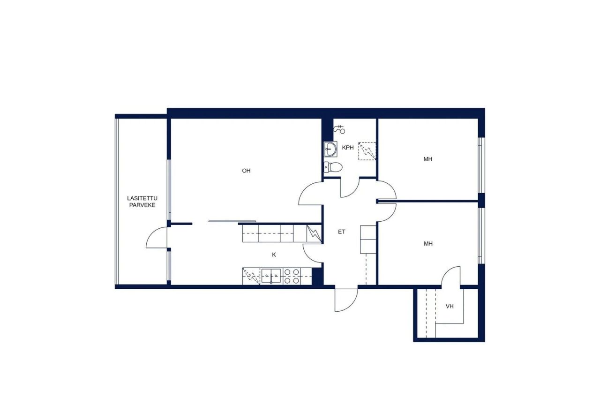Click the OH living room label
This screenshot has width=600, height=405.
tap(246, 171)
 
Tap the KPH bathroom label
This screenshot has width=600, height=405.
tap(347, 148)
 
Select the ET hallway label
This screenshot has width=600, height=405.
tap(341, 231)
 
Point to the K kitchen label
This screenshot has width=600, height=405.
tap(274, 255)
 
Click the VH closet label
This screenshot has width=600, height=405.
tap(450, 307)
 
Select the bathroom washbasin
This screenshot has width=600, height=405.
tap(331, 150)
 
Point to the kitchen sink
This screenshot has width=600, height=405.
tap(271, 276)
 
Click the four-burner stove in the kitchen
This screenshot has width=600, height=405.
tap(292, 276)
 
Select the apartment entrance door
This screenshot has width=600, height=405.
tap(346, 300)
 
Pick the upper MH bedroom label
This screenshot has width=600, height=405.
tap(427, 159)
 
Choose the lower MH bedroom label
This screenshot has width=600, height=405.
tap(427, 244)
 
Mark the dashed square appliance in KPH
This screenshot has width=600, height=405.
tap(367, 151)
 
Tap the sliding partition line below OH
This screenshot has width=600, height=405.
tap(232, 221)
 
